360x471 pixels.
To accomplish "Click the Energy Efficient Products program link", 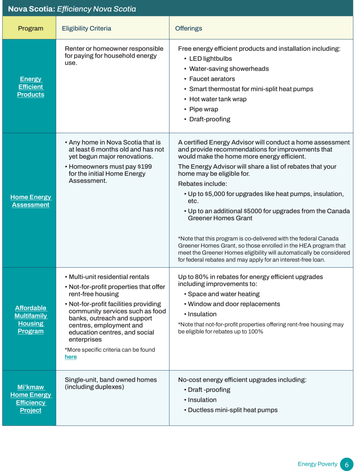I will tap(31, 87).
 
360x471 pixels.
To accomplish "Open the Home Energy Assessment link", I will tap(31, 201).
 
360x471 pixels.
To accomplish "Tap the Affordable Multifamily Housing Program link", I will tap(31, 320).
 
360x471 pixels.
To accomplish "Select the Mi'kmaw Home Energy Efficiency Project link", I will tap(31, 399).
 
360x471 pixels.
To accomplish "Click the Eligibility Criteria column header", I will tap(87, 29).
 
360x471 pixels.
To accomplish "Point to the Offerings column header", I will tap(188, 29).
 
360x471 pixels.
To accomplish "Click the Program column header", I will tap(31, 29).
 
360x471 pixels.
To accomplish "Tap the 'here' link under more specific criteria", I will tap(71, 357).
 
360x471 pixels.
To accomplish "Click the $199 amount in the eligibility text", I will tap(145, 167).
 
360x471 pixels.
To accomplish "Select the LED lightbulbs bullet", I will tap(210, 59).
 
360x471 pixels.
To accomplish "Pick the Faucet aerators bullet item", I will tap(212, 79).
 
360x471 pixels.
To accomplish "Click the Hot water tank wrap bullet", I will tap(218, 99).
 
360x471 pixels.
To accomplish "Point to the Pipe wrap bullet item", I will tap(203, 109).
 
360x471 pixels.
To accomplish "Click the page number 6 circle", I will tap(347, 464).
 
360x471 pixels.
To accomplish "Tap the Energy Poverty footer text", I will tap(317, 464).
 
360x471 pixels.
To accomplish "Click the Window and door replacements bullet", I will tap(234, 304).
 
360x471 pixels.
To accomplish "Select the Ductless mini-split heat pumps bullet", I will tap(233, 410).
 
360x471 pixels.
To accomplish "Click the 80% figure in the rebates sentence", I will tap(201, 277).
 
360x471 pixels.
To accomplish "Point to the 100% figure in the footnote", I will tap(256, 331).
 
